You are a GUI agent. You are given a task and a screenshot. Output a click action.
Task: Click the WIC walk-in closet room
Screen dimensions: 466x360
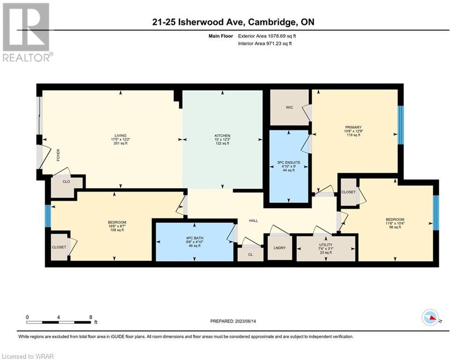(x=289, y=107)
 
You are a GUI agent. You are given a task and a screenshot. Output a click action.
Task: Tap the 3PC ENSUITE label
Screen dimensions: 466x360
(x=288, y=163)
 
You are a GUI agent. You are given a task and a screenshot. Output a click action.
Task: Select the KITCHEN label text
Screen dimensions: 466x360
(x=222, y=135)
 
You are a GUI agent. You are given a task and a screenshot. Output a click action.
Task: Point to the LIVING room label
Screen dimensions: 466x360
(x=120, y=135)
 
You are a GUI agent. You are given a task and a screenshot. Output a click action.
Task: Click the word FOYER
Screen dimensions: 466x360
(x=58, y=155)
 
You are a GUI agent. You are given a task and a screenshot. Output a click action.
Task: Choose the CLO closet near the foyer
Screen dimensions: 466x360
(x=67, y=187)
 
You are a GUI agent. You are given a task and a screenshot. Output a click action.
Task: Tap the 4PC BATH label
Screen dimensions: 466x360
(x=195, y=238)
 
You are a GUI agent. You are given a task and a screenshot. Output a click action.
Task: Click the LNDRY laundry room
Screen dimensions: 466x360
(x=280, y=247)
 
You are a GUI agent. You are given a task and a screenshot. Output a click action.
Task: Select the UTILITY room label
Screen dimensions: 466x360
(x=325, y=245)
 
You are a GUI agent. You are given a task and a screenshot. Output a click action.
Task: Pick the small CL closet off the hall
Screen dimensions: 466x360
(x=251, y=255)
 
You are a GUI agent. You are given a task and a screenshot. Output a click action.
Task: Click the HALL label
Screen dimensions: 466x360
(x=253, y=220)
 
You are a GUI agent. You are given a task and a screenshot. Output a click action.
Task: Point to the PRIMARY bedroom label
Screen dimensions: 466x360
(x=353, y=127)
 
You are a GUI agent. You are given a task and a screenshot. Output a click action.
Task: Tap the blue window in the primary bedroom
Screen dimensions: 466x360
(x=400, y=125)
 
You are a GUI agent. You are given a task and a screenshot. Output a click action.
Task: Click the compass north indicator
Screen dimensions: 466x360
(x=430, y=317)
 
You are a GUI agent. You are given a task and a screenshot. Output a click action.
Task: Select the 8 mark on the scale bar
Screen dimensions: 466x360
(x=91, y=317)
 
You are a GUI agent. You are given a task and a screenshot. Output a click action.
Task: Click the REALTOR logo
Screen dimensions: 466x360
(x=27, y=32)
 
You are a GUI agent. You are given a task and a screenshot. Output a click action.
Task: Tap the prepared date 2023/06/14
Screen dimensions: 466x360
(x=245, y=321)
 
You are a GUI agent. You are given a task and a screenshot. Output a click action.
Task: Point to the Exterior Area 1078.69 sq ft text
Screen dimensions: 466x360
(x=267, y=36)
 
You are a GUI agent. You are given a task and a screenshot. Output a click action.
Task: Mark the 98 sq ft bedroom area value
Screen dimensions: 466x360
(x=395, y=227)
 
